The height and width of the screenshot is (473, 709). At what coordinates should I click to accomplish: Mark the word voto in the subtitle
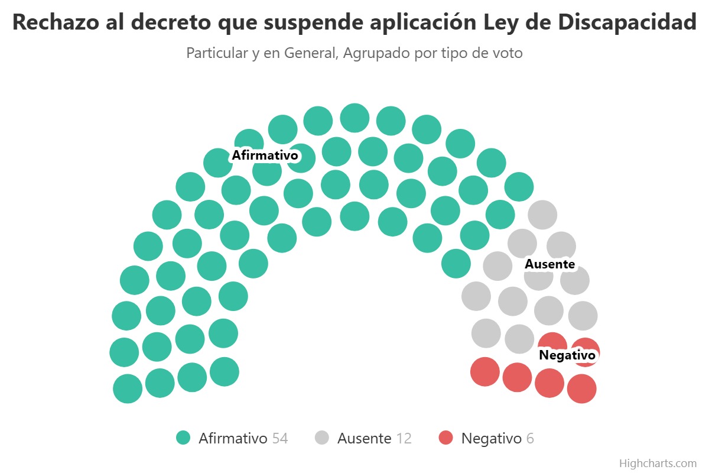point(508,53)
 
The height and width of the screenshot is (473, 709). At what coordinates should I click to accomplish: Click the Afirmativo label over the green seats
point(264,155)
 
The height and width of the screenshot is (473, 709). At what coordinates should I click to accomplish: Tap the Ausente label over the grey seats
point(550,264)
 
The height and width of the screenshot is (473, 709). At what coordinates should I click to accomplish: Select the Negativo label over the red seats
point(567,355)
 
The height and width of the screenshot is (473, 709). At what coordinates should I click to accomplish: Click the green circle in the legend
point(184,438)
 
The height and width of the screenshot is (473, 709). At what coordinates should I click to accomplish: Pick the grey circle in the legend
point(322,438)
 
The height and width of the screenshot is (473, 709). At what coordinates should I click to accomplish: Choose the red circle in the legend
point(446,438)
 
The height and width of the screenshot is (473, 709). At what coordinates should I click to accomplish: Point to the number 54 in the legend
point(280,439)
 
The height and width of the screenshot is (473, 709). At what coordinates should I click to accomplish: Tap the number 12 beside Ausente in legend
point(404,439)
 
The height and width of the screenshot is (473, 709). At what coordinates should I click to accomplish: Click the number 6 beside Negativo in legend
point(530,439)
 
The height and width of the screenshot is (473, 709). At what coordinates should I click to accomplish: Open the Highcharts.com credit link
point(658,463)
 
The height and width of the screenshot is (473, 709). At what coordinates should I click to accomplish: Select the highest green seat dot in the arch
point(354,118)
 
